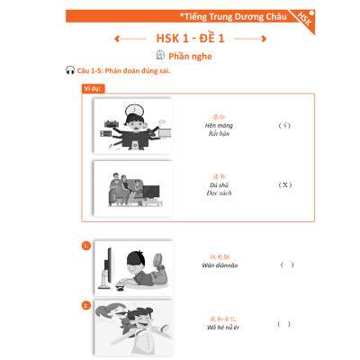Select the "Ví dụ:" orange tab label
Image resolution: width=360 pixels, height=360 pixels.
pos(91,89)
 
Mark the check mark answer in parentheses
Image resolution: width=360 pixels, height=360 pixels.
pos(283,126)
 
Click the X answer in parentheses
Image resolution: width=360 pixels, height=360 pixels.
pos(283,184)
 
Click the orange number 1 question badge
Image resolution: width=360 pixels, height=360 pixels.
pos(85,245)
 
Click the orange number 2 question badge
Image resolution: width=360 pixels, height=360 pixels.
pos(85,305)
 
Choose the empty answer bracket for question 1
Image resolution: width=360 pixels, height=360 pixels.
pos(287,265)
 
